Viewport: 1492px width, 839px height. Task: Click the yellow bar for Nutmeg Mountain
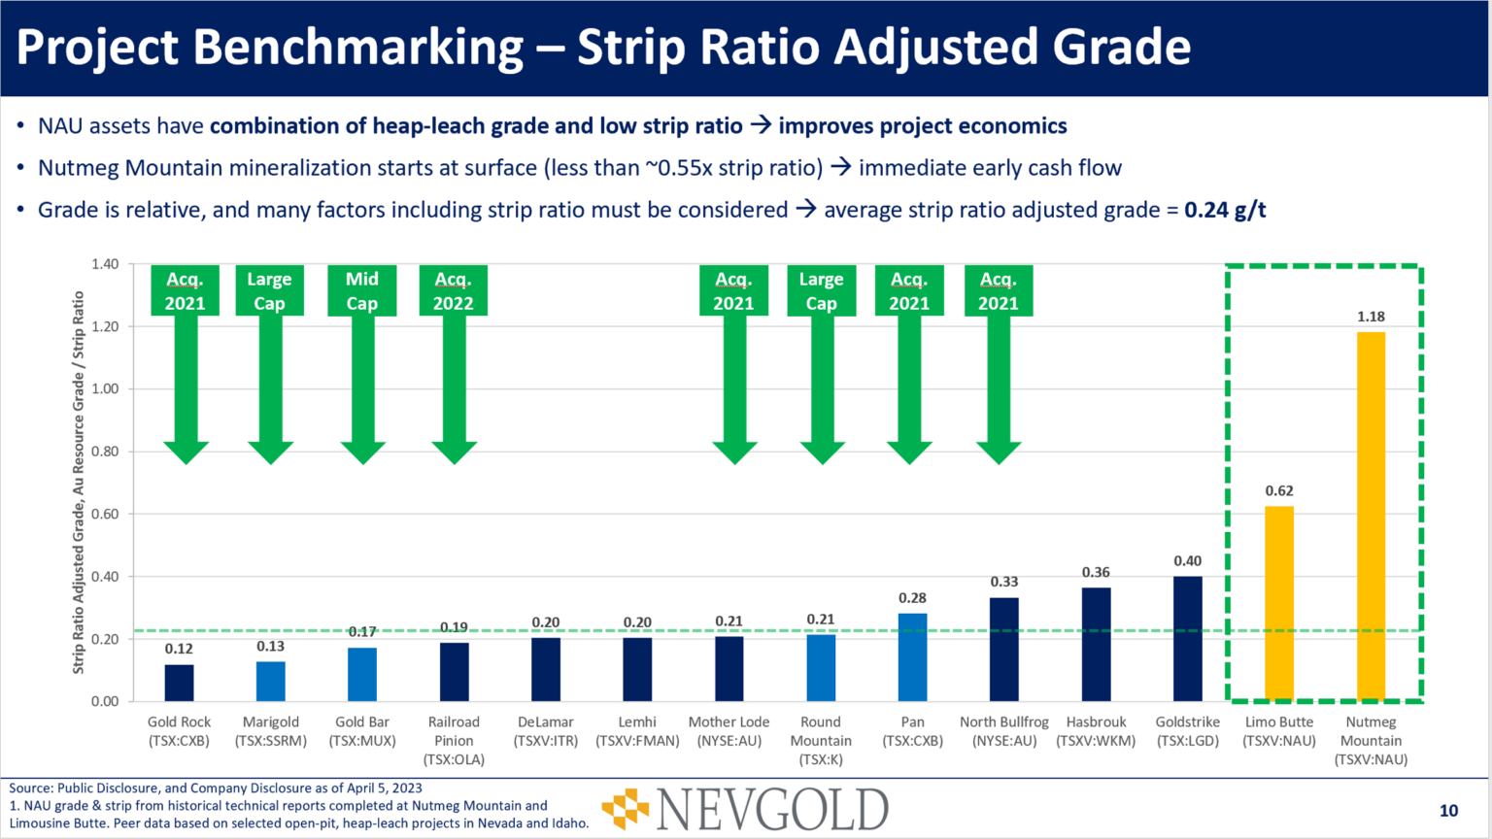coord(1371,516)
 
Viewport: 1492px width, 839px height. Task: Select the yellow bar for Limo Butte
coord(1278,603)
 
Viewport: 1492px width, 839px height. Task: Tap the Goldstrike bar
coord(1187,638)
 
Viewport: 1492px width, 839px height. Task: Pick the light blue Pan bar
coord(912,656)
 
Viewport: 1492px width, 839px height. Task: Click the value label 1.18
coord(1371,317)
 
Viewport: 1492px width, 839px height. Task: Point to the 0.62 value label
coord(1278,491)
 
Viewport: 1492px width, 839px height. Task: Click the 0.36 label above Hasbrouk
coord(1096,573)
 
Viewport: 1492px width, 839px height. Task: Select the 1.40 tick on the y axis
coord(105,264)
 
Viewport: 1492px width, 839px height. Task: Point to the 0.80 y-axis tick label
coord(105,452)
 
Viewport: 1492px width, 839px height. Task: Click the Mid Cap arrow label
coord(362,291)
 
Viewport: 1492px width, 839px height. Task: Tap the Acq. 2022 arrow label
coord(453,291)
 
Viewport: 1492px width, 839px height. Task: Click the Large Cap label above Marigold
coord(269,291)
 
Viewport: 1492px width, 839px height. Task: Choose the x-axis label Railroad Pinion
coord(454,740)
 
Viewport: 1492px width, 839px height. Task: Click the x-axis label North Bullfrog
coord(1004,731)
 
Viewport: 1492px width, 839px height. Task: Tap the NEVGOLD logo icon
coord(626,809)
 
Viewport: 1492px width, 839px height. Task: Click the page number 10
coord(1448,811)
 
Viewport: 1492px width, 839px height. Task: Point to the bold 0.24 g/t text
coord(1225,210)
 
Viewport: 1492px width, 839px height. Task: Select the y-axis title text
coord(79,483)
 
